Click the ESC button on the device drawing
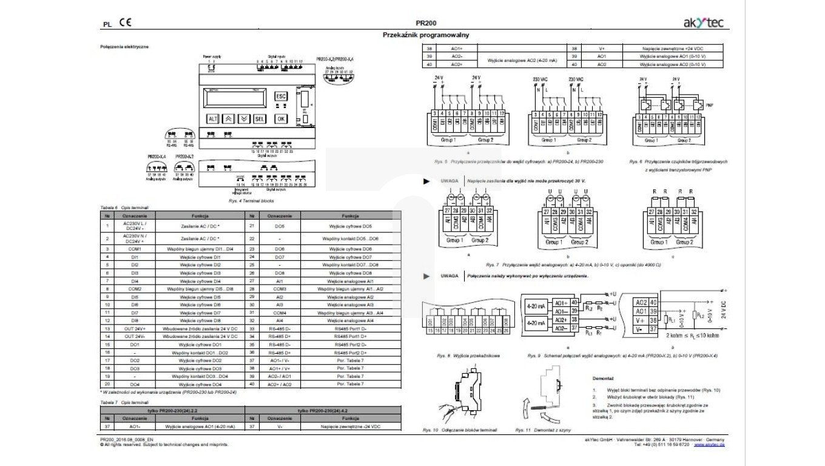pos(280,96)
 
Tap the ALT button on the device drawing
pos(213,119)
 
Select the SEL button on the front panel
pos(260,119)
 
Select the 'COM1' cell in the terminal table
pos(134,249)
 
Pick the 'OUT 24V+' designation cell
pos(134,328)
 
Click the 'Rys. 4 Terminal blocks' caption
pos(251,200)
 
